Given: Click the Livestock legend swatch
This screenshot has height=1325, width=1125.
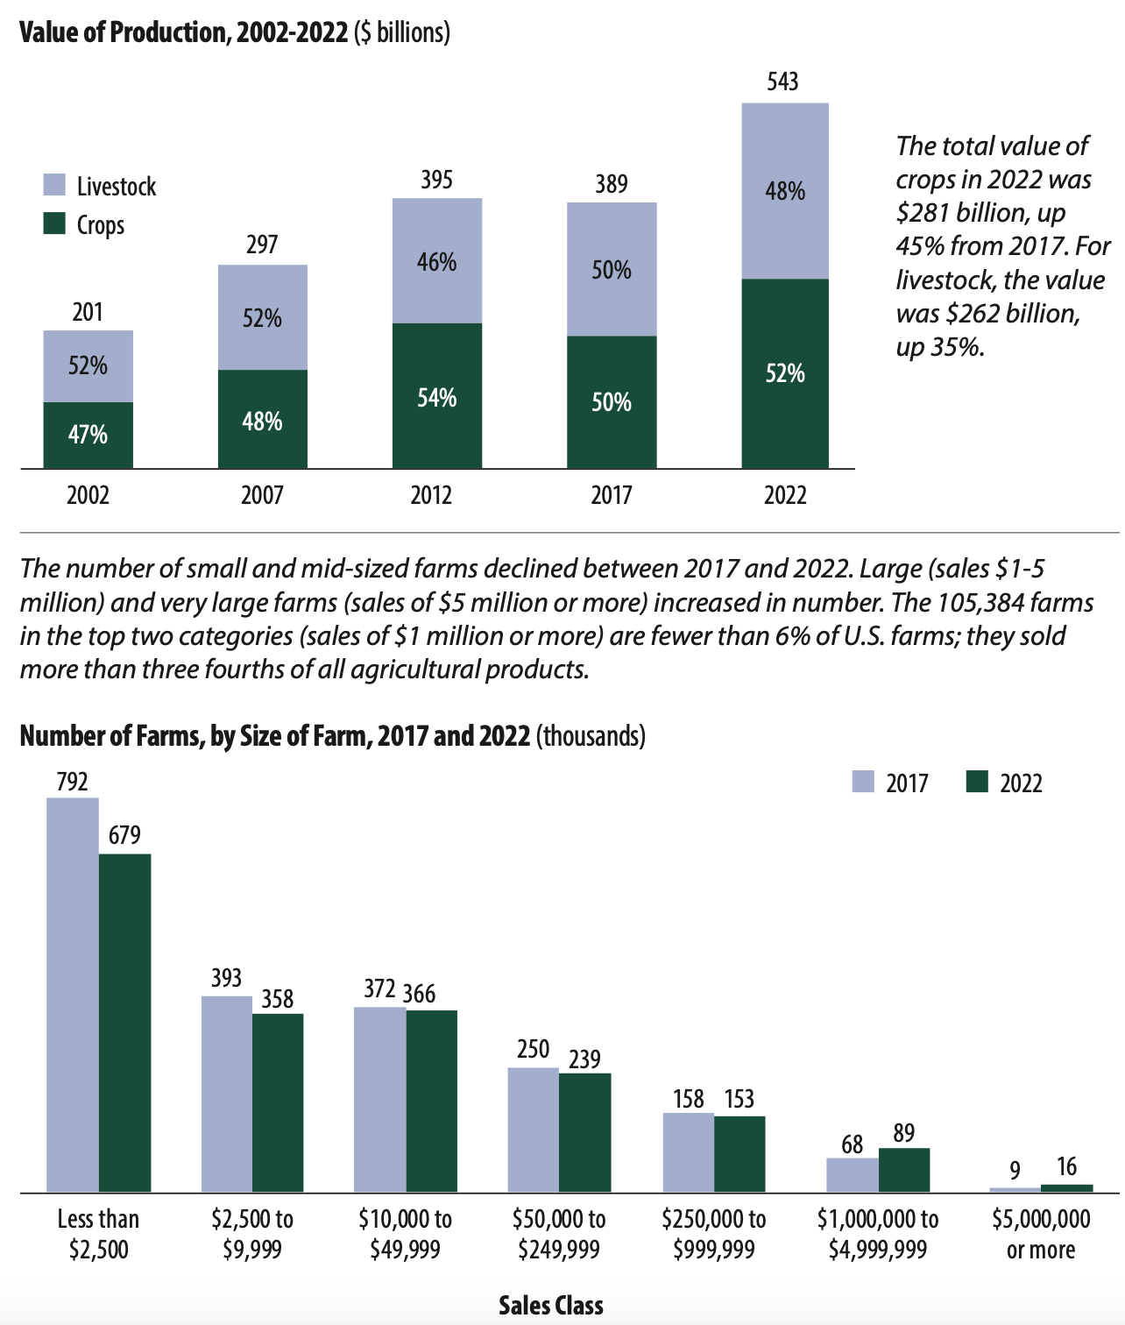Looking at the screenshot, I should (54, 185).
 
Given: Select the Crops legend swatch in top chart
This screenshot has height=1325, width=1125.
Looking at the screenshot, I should (54, 223).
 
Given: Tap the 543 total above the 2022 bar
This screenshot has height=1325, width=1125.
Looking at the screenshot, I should (782, 81).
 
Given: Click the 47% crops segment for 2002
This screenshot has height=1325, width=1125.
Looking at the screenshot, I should (88, 435).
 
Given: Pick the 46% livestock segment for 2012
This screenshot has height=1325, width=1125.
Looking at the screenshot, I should (436, 261).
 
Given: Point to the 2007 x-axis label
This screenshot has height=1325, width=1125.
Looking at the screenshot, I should (262, 495).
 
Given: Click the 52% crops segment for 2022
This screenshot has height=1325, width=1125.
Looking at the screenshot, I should (785, 374).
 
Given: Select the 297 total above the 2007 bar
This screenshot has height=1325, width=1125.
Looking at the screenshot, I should (262, 244).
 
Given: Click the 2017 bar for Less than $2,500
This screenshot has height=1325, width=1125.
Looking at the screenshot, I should (73, 995).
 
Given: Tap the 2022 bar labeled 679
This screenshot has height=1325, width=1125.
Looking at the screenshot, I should (124, 1023).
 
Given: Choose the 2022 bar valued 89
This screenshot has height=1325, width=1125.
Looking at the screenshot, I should (904, 1170).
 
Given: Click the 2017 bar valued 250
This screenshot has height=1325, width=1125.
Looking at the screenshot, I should (533, 1130).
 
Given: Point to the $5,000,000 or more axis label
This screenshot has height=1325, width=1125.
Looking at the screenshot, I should (1041, 1234).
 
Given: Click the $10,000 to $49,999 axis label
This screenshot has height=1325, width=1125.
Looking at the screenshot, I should (405, 1234).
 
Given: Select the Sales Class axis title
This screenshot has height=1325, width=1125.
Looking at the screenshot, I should (550, 1306).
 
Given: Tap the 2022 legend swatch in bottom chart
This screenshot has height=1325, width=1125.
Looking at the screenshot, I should (977, 782).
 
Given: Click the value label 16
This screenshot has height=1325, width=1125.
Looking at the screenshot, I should (1066, 1166).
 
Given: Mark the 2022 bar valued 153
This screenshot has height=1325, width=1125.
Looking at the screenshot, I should (739, 1154).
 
